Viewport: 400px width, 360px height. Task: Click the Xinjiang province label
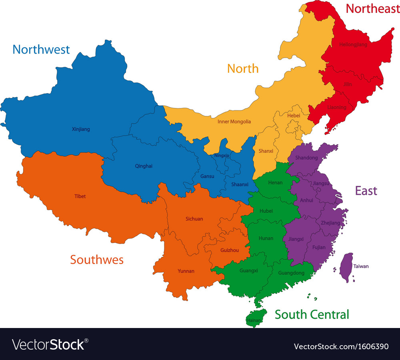(81, 129)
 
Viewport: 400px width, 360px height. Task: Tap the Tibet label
(80, 196)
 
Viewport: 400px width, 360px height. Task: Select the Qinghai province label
(144, 166)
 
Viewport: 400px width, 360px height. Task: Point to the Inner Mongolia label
(234, 122)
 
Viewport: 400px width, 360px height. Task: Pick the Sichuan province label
(194, 219)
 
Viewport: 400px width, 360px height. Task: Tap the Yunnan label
(186, 271)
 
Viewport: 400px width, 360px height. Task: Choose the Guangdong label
(291, 273)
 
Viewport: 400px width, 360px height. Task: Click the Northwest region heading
(41, 49)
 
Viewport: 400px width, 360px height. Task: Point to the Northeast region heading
(372, 8)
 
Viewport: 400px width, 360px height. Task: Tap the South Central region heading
(312, 314)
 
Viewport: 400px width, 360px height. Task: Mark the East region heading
(366, 191)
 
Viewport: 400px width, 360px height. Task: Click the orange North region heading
(243, 68)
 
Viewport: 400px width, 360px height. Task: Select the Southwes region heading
(97, 260)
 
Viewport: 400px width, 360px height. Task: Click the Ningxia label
(222, 155)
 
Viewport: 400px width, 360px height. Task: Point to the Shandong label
(306, 158)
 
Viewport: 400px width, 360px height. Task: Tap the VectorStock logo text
(50, 344)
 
